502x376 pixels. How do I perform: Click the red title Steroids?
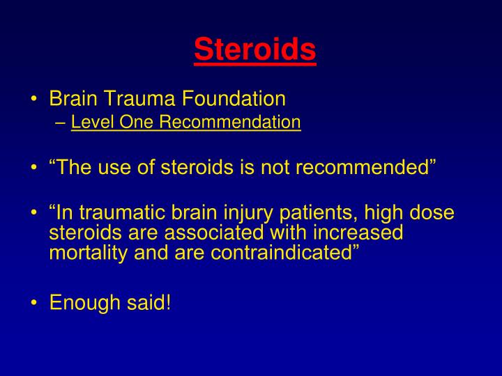pos(254,49)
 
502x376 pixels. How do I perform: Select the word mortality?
pos(84,251)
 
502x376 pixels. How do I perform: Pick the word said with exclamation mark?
pos(146,303)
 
